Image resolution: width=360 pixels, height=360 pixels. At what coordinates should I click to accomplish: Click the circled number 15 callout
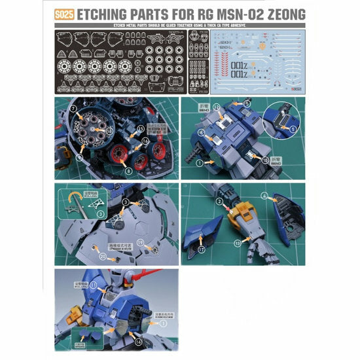(139, 129)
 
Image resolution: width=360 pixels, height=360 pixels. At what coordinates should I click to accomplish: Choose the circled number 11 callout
(92, 285)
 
